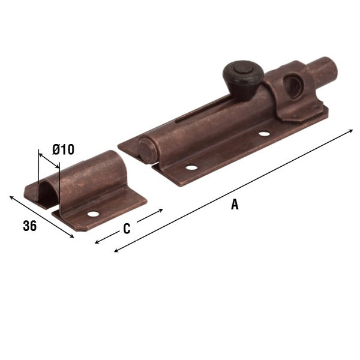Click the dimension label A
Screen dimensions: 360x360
coord(235,205)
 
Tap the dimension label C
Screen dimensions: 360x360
coord(127,229)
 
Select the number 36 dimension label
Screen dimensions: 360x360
coord(29,226)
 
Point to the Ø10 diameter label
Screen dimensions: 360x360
coord(63,149)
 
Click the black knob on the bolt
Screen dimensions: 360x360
coord(243,79)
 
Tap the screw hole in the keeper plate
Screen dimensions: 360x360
coord(93,214)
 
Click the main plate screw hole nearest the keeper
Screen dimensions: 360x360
coord(192,167)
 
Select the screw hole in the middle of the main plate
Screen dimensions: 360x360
coord(264,133)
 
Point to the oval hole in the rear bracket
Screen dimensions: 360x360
coord(292,86)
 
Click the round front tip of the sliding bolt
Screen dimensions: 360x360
coord(146,151)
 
